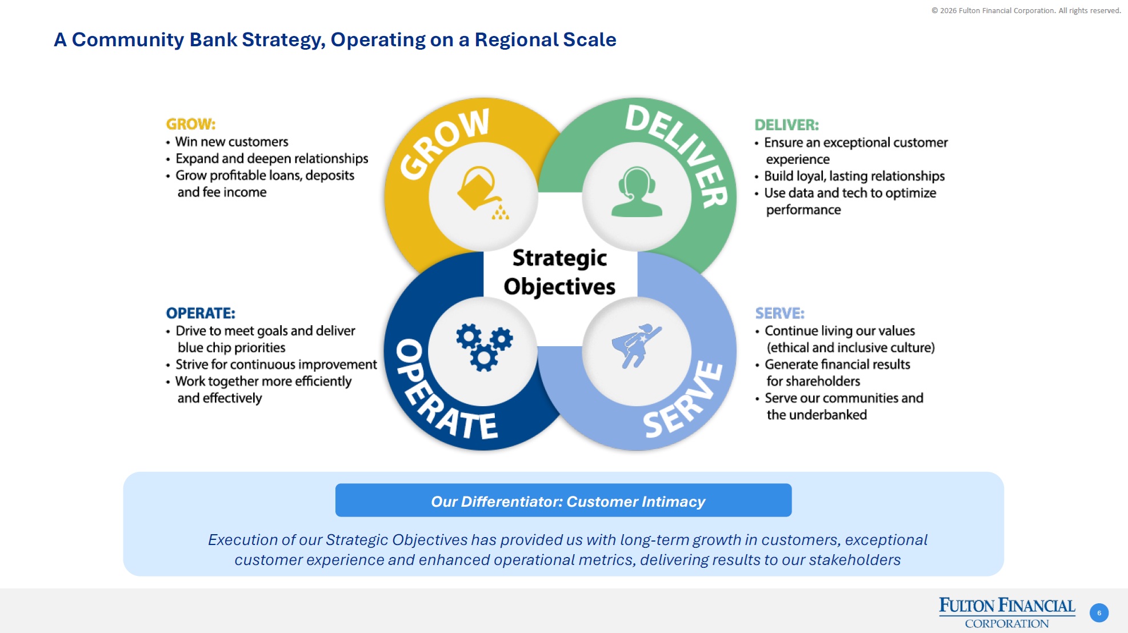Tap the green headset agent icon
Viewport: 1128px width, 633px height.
click(x=636, y=192)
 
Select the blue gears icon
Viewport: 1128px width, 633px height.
click(x=484, y=347)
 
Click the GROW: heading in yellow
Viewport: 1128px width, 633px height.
click(x=190, y=124)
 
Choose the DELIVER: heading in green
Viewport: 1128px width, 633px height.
click(x=786, y=125)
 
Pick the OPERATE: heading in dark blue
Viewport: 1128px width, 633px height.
click(x=200, y=313)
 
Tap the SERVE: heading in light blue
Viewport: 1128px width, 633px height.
click(x=779, y=313)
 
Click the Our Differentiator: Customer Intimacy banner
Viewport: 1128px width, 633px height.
click(x=563, y=500)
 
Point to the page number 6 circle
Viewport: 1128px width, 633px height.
click(x=1098, y=613)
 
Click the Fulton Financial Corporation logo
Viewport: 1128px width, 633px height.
click(x=1006, y=612)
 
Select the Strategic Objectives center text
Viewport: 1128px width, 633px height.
click(x=559, y=272)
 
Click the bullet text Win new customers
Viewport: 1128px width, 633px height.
click(x=231, y=142)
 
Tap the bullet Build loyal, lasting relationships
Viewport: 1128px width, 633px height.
click(x=854, y=176)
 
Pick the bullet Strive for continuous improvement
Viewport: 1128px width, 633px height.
click(x=275, y=364)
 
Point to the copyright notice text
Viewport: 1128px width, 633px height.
click(x=1026, y=10)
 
